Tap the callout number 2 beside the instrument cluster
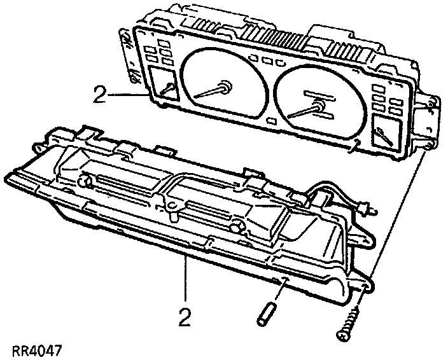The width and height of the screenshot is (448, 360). pyautogui.click(x=99, y=95)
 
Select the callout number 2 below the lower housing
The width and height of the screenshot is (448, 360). pyautogui.click(x=185, y=317)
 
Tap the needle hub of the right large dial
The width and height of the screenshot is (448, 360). pyautogui.click(x=316, y=107)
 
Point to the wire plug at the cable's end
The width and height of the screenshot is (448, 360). pyautogui.click(x=365, y=209)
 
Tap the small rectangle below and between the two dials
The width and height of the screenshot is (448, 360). pyautogui.click(x=272, y=120)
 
